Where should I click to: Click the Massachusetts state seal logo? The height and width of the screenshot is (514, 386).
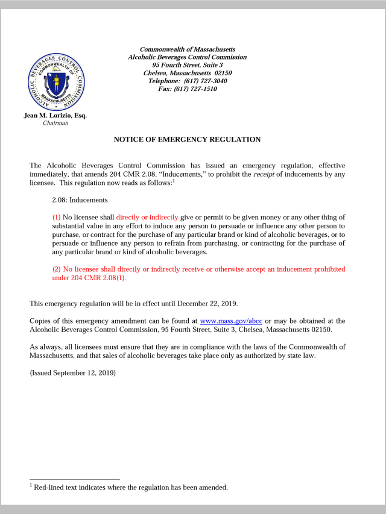tap(56, 82)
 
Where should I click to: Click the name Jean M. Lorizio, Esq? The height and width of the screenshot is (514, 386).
tap(55, 115)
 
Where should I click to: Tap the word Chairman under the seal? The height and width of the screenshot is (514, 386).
tap(55, 123)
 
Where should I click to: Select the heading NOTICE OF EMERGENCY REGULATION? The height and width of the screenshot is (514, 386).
tap(187, 139)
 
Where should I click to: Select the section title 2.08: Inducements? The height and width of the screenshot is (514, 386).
tap(80, 199)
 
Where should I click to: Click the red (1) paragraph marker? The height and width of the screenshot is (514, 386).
tap(57, 217)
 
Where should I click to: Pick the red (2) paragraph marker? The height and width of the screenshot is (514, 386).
tap(57, 269)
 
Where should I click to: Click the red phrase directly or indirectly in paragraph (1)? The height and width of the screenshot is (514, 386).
tap(147, 217)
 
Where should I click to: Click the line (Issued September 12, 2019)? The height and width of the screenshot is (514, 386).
tap(72, 372)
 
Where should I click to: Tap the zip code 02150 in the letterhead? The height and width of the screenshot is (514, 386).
tap(223, 73)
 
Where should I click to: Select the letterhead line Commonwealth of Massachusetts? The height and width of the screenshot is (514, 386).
tap(188, 49)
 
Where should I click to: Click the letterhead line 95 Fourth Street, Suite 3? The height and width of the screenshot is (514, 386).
tap(188, 65)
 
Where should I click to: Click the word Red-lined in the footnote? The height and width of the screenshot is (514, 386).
tap(50, 487)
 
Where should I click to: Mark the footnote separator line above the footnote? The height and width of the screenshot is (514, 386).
tap(75, 479)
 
